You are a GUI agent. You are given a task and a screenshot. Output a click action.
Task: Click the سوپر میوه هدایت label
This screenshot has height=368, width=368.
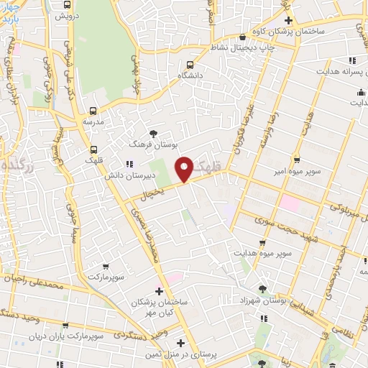coord(264,254)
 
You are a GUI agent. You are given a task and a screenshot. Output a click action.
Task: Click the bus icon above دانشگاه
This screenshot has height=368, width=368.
coord(190,63)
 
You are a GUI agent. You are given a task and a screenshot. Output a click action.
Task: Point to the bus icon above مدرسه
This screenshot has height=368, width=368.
coord(92,111)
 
